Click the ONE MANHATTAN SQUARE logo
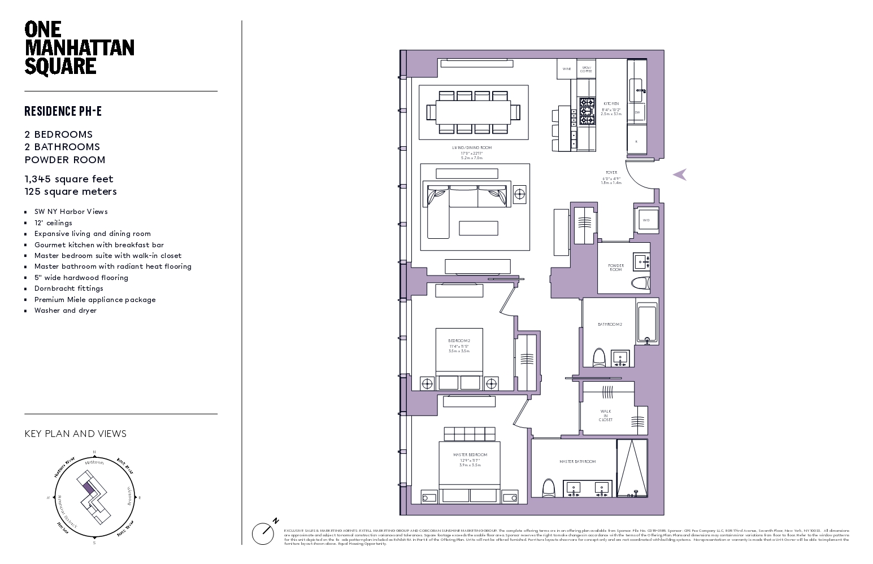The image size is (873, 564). coord(79,48)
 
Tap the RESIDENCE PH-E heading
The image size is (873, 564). coord(63,111)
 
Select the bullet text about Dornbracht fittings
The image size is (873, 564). coord(68,288)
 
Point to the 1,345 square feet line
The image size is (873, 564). coord(69,179)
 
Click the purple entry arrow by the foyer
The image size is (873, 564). coord(680,174)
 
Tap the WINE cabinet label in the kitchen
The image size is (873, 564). coord(566,69)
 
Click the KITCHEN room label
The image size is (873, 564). coord(611,104)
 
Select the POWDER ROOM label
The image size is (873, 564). coord(616,267)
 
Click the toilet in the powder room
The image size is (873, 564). coord(640,283)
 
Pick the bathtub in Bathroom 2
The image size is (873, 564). coord(647,324)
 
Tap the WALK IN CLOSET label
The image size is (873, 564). coord(606,416)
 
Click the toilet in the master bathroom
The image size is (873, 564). coord(548,488)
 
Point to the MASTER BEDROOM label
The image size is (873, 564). coord(470,454)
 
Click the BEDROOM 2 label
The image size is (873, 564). coord(459,341)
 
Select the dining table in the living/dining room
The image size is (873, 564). coord(474,112)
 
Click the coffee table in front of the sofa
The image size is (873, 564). coord(478,228)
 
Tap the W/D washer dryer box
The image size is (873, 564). coord(646,220)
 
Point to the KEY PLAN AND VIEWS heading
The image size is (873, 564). coord(76,434)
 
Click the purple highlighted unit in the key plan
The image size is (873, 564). coord(88,487)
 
